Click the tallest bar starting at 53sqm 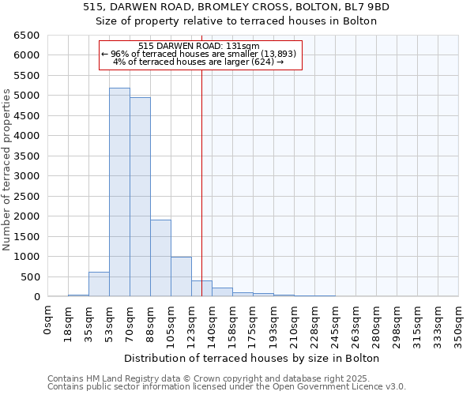tap(119, 192)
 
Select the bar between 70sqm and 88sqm tap(140, 197)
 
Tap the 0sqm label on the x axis tap(48, 319)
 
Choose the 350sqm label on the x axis tap(459, 324)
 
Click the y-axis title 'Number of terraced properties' tap(8, 170)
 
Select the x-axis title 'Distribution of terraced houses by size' tap(253, 358)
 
